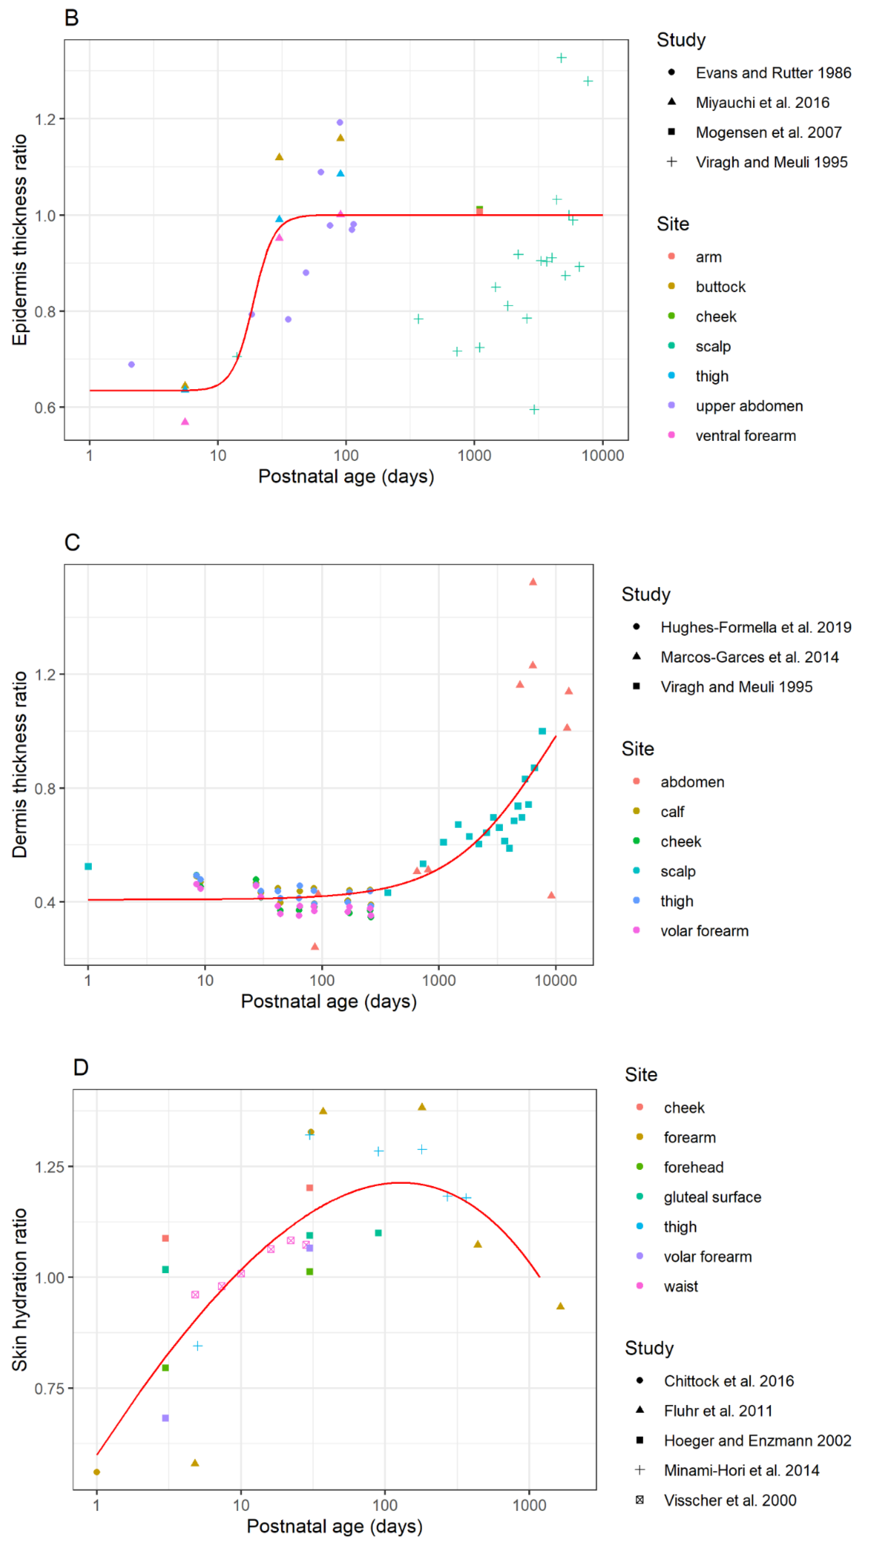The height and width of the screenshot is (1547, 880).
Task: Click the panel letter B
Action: click(71, 18)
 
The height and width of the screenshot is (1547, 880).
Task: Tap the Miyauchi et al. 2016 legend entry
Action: click(761, 103)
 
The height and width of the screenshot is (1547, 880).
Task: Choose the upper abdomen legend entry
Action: click(748, 406)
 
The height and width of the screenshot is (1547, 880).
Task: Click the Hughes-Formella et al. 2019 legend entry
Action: click(755, 628)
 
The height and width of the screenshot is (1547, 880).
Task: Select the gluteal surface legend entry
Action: click(711, 1197)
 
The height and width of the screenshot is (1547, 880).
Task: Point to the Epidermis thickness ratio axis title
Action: click(20, 240)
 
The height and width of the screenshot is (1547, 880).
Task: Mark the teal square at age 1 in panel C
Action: click(88, 867)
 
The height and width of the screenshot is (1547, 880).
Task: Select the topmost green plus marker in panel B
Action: click(561, 58)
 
